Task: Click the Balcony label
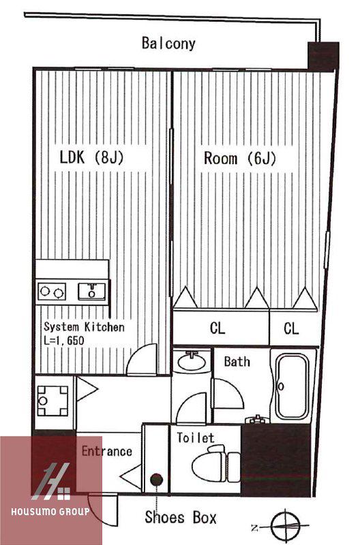(168, 44)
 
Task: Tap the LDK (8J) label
(91, 157)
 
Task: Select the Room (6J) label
(240, 158)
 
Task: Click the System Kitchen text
(84, 327)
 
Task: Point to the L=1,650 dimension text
(64, 340)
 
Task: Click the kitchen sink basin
(91, 292)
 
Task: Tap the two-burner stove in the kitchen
(52, 292)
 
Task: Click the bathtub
(292, 386)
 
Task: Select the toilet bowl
(215, 464)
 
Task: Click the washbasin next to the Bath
(192, 362)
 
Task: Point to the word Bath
(237, 362)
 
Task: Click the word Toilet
(196, 437)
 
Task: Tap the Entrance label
(107, 451)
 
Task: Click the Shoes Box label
(181, 517)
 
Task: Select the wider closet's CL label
(217, 328)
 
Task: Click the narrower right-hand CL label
(291, 328)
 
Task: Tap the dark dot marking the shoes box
(157, 480)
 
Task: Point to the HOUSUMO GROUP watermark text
(50, 512)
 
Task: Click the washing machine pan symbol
(52, 401)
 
